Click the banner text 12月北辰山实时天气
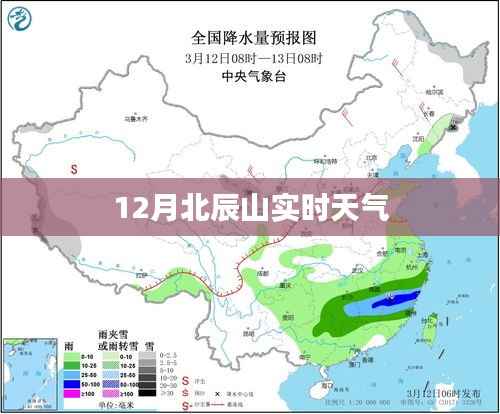click(249, 209)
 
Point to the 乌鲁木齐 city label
click(137, 117)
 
